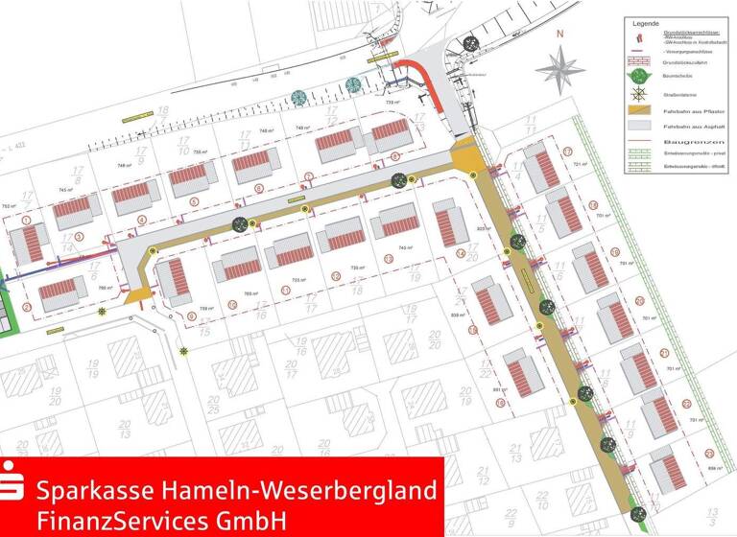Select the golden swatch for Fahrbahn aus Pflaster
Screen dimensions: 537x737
[x=638, y=111]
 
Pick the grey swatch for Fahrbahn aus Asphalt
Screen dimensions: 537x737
[x=638, y=127]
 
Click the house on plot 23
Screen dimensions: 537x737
[x=667, y=469]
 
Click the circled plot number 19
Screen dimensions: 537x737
[x=615, y=253]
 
